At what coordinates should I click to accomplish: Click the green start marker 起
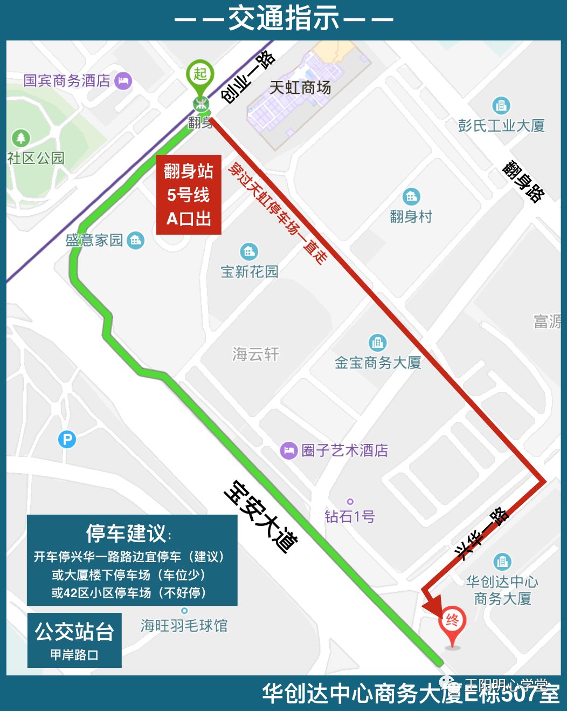point(200,74)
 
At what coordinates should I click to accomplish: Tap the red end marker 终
point(452,621)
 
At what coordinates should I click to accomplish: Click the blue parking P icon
point(67,440)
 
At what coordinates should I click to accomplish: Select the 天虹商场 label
point(300,87)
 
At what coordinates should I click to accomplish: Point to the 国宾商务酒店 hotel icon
point(123,81)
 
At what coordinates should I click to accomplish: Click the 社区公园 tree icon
point(21,138)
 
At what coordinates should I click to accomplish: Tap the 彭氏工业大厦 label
point(501,126)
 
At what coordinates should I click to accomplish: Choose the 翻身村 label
point(411,217)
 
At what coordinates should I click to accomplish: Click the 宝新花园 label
point(250,271)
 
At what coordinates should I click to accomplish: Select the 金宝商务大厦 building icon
point(377,343)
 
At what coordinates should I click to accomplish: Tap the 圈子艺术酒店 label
point(345,450)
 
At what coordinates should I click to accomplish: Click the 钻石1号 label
point(350,517)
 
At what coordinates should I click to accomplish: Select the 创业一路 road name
point(248,77)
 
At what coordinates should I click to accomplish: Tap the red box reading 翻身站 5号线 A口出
point(189,195)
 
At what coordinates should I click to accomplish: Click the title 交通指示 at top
point(283,19)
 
